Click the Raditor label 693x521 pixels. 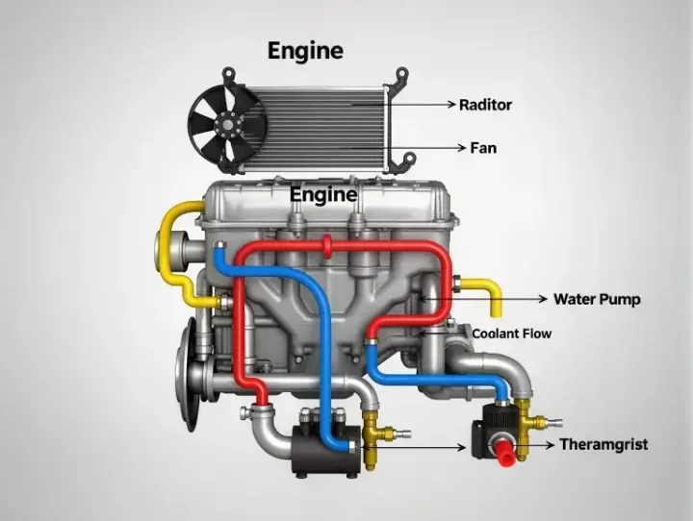coord(485,105)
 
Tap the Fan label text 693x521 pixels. coord(483,147)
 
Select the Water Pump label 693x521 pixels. coord(597,299)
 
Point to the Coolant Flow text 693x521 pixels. coord(512,334)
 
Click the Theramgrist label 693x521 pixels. coord(603,444)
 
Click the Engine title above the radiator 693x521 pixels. coord(305,52)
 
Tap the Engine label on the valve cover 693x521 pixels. coord(323,195)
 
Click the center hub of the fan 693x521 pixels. coord(227,125)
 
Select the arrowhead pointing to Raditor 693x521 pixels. coord(450,104)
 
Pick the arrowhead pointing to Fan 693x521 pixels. coord(462,147)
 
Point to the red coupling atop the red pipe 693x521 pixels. coord(327,246)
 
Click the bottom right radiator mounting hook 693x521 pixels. coord(404,161)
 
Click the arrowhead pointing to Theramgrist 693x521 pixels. coord(551,445)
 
